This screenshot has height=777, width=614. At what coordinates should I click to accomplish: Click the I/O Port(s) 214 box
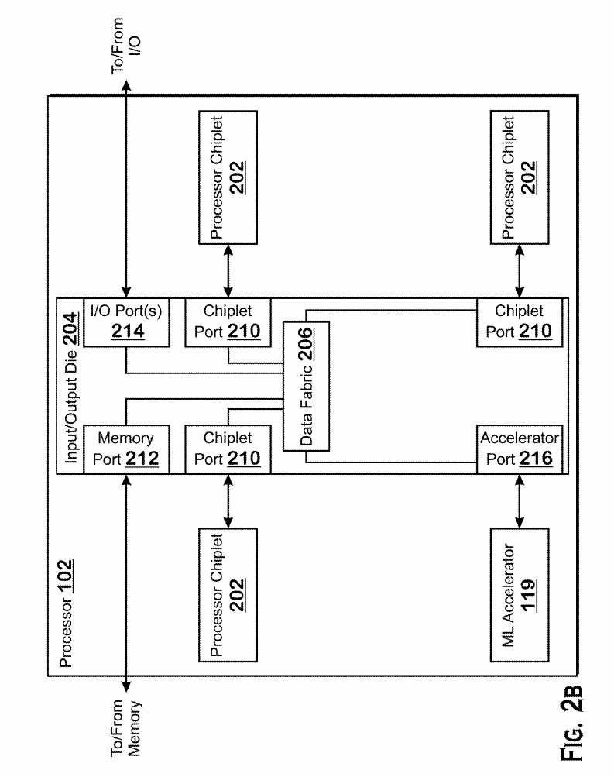tap(126, 322)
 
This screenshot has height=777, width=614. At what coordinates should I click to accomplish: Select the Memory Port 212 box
tap(126, 449)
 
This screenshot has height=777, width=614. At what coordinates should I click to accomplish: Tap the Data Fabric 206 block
tap(306, 386)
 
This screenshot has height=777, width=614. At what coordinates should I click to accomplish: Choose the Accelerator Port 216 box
tap(520, 449)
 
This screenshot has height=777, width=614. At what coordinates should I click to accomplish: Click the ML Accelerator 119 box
tap(520, 595)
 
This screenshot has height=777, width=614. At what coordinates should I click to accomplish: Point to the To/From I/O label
tap(125, 46)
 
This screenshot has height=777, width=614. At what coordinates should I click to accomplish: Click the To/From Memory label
tap(125, 728)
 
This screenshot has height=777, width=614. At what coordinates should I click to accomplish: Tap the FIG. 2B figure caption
tap(571, 724)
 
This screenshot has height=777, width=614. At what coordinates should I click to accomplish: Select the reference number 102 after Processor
tap(65, 576)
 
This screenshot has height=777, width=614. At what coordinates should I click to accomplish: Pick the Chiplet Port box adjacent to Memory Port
tap(228, 449)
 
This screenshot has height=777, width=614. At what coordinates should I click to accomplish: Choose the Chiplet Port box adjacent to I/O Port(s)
tap(228, 322)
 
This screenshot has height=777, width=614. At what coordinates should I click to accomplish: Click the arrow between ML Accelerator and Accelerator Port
tap(520, 501)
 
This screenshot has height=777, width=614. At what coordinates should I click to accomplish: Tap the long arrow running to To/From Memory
tap(126, 583)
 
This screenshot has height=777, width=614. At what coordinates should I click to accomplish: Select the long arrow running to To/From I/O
tap(126, 189)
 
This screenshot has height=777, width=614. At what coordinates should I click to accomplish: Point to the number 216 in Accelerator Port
tap(536, 459)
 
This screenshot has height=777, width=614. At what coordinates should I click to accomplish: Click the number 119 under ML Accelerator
tap(529, 595)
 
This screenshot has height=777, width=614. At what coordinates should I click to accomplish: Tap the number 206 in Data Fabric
tap(306, 344)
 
